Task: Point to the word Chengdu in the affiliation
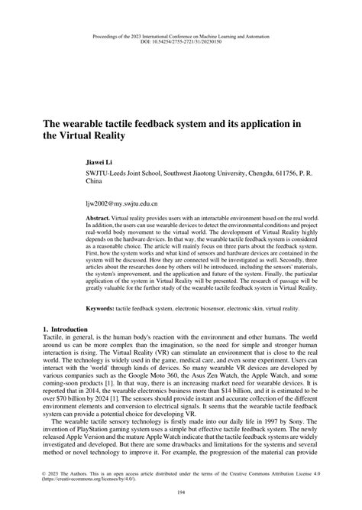point(243,176)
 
